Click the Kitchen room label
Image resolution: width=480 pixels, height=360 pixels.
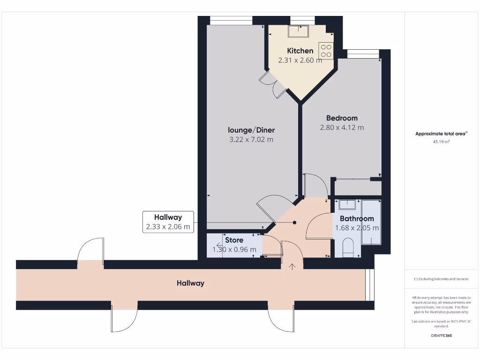click(x=300, y=51)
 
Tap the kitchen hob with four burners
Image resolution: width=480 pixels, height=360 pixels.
click(x=326, y=51)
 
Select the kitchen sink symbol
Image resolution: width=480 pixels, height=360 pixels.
click(x=298, y=31)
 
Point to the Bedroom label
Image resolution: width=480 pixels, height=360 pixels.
click(x=342, y=118)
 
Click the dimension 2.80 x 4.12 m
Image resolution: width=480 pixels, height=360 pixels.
click(x=342, y=127)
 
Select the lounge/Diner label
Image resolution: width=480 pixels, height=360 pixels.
click(x=251, y=130)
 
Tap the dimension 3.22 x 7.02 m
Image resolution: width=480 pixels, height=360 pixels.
click(x=251, y=140)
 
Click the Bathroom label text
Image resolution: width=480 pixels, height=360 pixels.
click(x=357, y=218)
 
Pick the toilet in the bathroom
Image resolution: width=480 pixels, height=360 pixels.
click(x=347, y=247)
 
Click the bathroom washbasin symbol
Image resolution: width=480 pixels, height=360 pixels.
click(x=347, y=205)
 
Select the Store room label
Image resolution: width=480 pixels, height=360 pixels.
click(x=234, y=240)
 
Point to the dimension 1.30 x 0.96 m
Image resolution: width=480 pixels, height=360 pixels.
click(x=234, y=249)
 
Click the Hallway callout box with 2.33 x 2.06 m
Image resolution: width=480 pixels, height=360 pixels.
click(x=168, y=222)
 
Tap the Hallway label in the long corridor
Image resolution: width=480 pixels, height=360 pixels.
click(x=190, y=283)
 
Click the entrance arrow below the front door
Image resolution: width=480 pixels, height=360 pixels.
click(x=292, y=267)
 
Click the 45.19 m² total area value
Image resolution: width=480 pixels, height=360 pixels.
click(x=441, y=141)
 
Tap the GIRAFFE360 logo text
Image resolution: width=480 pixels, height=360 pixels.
click(x=441, y=336)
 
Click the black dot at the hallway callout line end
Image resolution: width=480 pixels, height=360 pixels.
click(x=294, y=223)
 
